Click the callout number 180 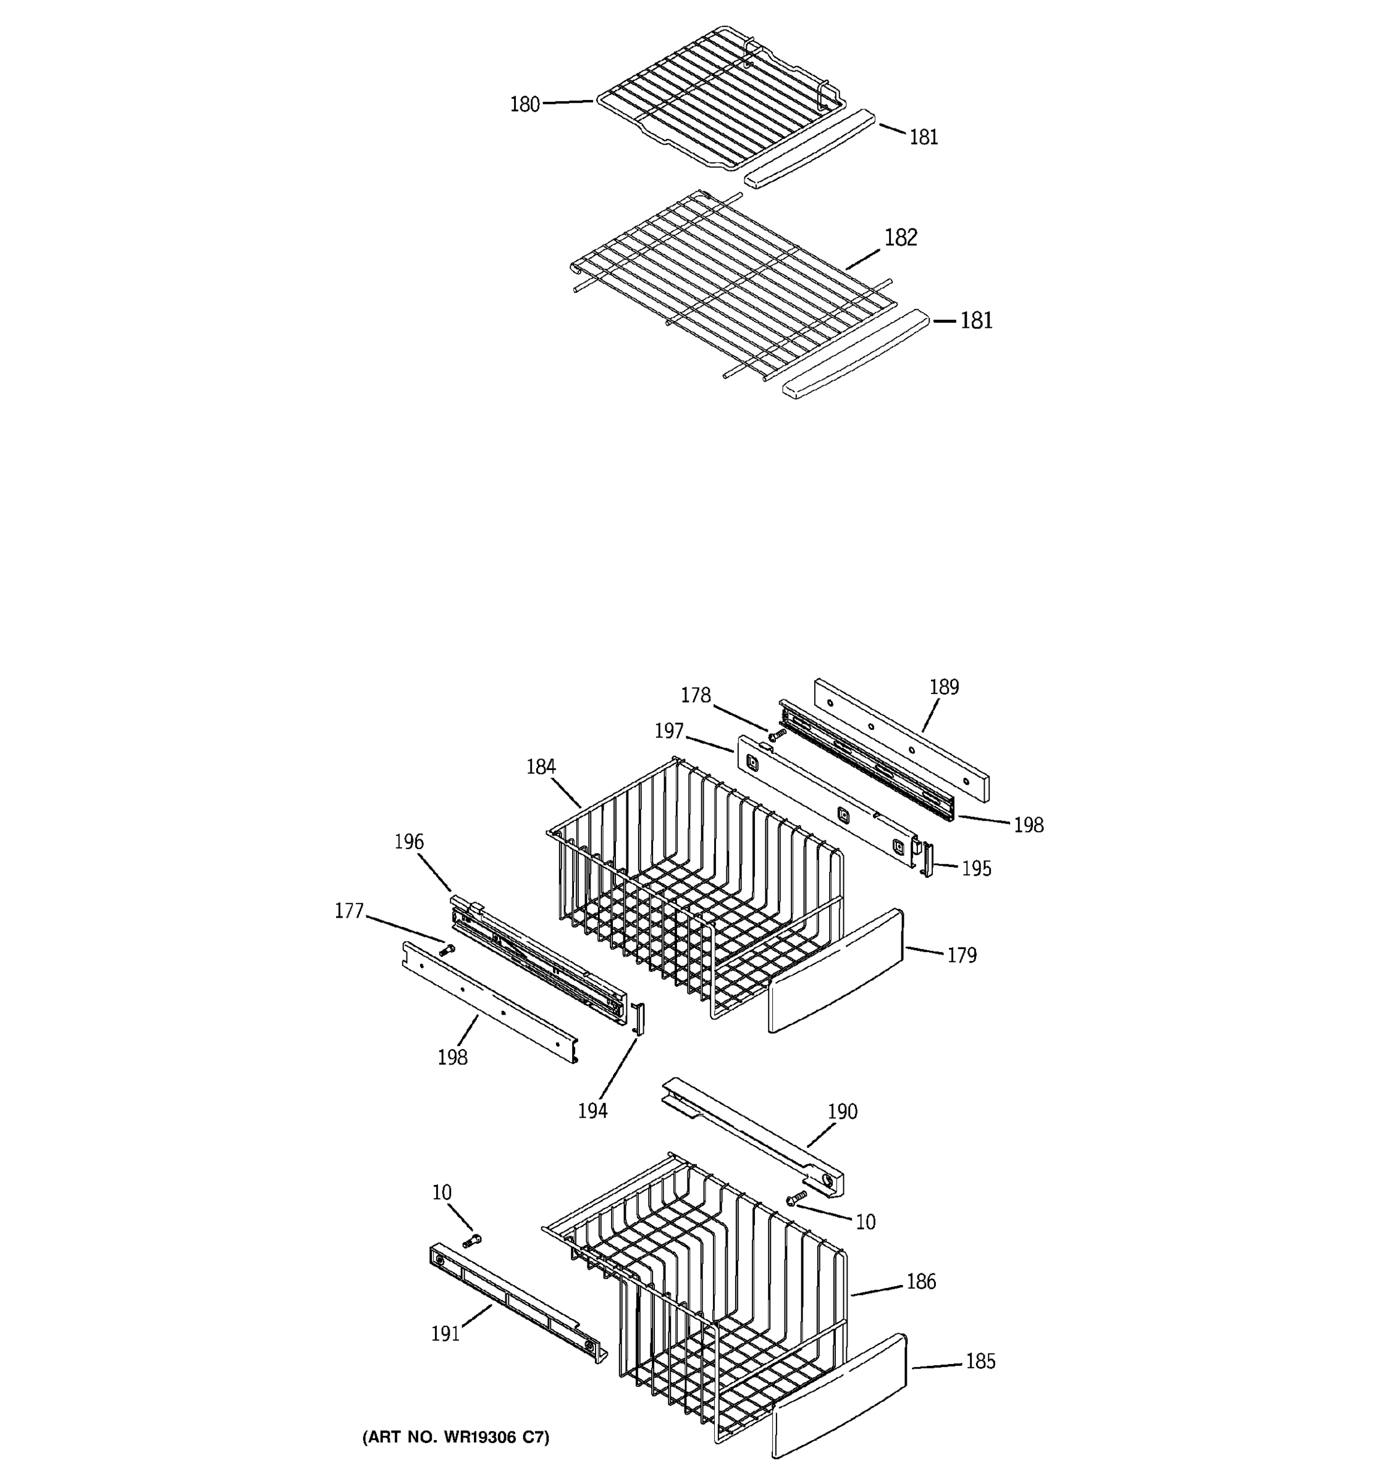[524, 104]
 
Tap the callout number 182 [900, 238]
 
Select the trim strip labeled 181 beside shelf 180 [809, 149]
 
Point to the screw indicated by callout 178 [777, 735]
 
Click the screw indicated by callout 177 [447, 950]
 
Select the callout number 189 [943, 687]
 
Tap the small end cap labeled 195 [928, 860]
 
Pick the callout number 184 [541, 766]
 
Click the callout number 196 [408, 842]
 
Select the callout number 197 [669, 731]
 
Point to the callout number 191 [445, 1333]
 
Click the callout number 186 [920, 1282]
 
